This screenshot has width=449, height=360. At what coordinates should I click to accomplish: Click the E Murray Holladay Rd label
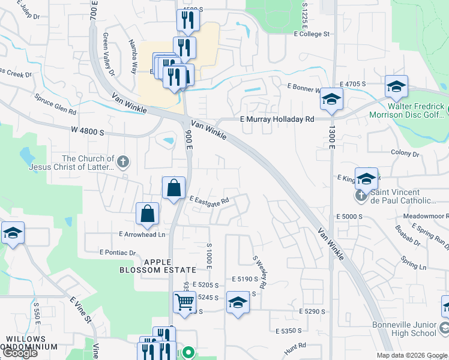277,119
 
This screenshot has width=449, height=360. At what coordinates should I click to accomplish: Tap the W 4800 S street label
88,130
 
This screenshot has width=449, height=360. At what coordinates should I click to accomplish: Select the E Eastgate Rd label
209,200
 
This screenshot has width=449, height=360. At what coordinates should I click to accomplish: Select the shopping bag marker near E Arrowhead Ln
147,214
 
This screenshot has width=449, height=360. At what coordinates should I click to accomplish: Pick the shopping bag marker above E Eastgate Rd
173,187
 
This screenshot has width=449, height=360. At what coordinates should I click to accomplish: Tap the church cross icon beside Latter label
122,161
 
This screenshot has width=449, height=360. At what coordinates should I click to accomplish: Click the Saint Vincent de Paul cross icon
361,194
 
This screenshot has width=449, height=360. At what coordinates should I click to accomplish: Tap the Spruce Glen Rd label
55,103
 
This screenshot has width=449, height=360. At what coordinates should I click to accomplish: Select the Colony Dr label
405,154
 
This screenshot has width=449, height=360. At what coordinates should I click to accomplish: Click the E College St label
312,34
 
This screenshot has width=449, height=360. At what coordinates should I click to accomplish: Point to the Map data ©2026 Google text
412,355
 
